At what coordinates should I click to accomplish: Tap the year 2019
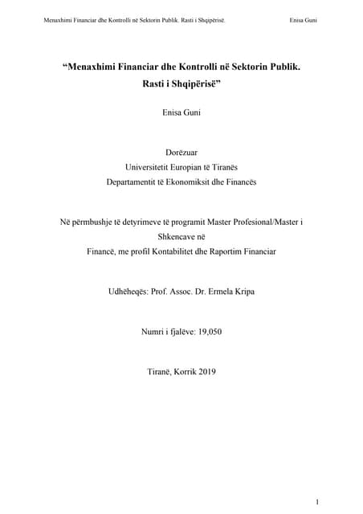[206, 371]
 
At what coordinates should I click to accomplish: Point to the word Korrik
[179, 371]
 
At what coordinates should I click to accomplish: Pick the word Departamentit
[133, 182]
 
